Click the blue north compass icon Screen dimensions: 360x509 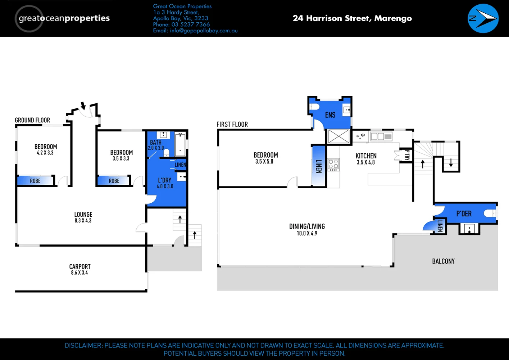coord(483,18)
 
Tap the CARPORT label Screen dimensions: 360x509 coord(79,267)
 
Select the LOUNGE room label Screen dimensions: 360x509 coord(83,215)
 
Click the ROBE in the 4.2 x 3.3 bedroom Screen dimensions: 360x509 coord(35,181)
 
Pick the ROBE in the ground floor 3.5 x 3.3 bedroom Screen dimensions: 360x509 coord(114,181)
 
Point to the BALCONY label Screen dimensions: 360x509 coord(443,261)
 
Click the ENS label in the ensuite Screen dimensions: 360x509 coord(330,115)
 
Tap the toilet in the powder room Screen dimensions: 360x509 coord(489,213)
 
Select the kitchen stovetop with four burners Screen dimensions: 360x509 coord(333,165)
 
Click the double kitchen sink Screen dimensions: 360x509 coord(381,136)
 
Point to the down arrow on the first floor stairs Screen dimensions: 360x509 coord(451,163)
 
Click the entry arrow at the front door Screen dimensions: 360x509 coord(83,106)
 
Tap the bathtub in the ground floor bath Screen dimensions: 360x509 coord(180,144)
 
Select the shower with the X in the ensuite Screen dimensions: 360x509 coord(338,137)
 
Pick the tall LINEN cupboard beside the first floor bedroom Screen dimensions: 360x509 coord(319,166)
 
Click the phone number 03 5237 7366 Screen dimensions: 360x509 coord(190,24)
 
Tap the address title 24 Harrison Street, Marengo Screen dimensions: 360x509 coord(352,18)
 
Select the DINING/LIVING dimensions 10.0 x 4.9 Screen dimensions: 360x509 coord(307,233)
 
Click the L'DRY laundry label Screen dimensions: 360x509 coord(165,180)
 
